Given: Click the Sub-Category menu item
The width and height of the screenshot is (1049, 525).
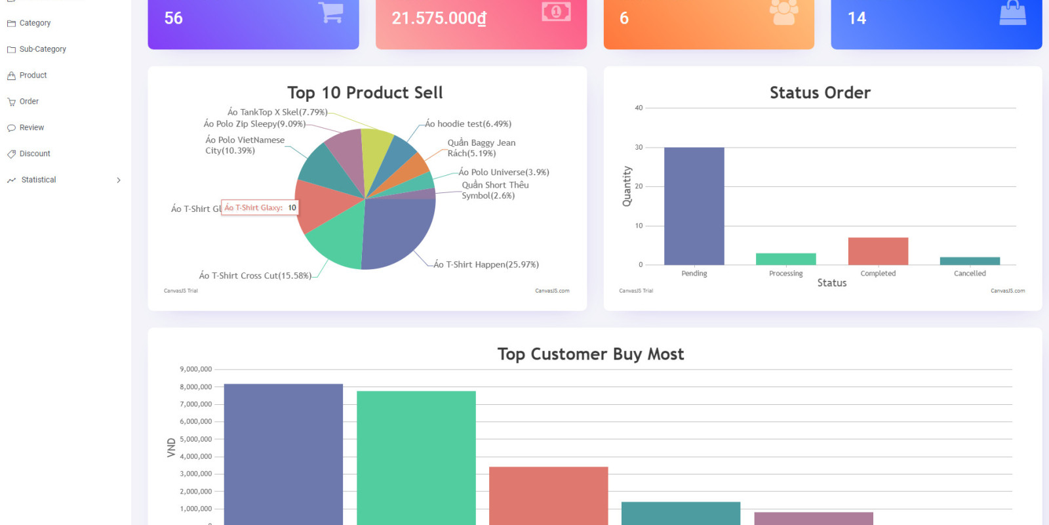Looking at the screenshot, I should pyautogui.click(x=42, y=49).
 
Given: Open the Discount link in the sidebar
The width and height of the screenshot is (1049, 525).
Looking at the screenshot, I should pyautogui.click(x=34, y=154).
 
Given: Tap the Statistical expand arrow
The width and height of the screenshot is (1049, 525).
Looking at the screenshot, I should pyautogui.click(x=119, y=180).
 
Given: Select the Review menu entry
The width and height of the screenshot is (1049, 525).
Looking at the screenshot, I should pyautogui.click(x=31, y=127).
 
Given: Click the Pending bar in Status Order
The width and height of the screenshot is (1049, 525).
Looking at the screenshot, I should pyautogui.click(x=694, y=207).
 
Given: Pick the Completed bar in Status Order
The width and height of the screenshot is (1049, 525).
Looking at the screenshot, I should pyautogui.click(x=878, y=251).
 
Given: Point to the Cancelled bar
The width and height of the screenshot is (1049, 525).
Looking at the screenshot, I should pyautogui.click(x=970, y=261).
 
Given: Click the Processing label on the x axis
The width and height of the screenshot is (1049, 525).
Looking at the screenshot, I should pyautogui.click(x=785, y=274).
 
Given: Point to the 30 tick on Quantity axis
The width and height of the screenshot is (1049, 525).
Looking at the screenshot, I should pyautogui.click(x=639, y=147).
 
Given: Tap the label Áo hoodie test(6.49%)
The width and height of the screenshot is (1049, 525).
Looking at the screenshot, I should pyautogui.click(x=467, y=124).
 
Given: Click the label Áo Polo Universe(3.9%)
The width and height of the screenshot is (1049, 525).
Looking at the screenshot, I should pyautogui.click(x=504, y=173).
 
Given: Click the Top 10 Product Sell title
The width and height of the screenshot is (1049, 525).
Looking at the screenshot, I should pyautogui.click(x=365, y=93).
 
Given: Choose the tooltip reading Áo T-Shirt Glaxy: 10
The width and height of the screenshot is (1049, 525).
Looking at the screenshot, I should pyautogui.click(x=260, y=208).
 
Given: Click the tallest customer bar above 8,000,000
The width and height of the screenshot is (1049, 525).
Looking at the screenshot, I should pyautogui.click(x=283, y=453).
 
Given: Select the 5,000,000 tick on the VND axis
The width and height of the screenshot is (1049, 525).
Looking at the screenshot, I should pyautogui.click(x=195, y=439).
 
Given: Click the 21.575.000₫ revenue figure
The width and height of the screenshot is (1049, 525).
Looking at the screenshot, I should pyautogui.click(x=439, y=18).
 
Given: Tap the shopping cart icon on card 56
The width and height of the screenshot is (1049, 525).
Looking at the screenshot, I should pyautogui.click(x=331, y=12).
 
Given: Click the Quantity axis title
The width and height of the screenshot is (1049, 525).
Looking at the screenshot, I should pyautogui.click(x=627, y=186).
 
